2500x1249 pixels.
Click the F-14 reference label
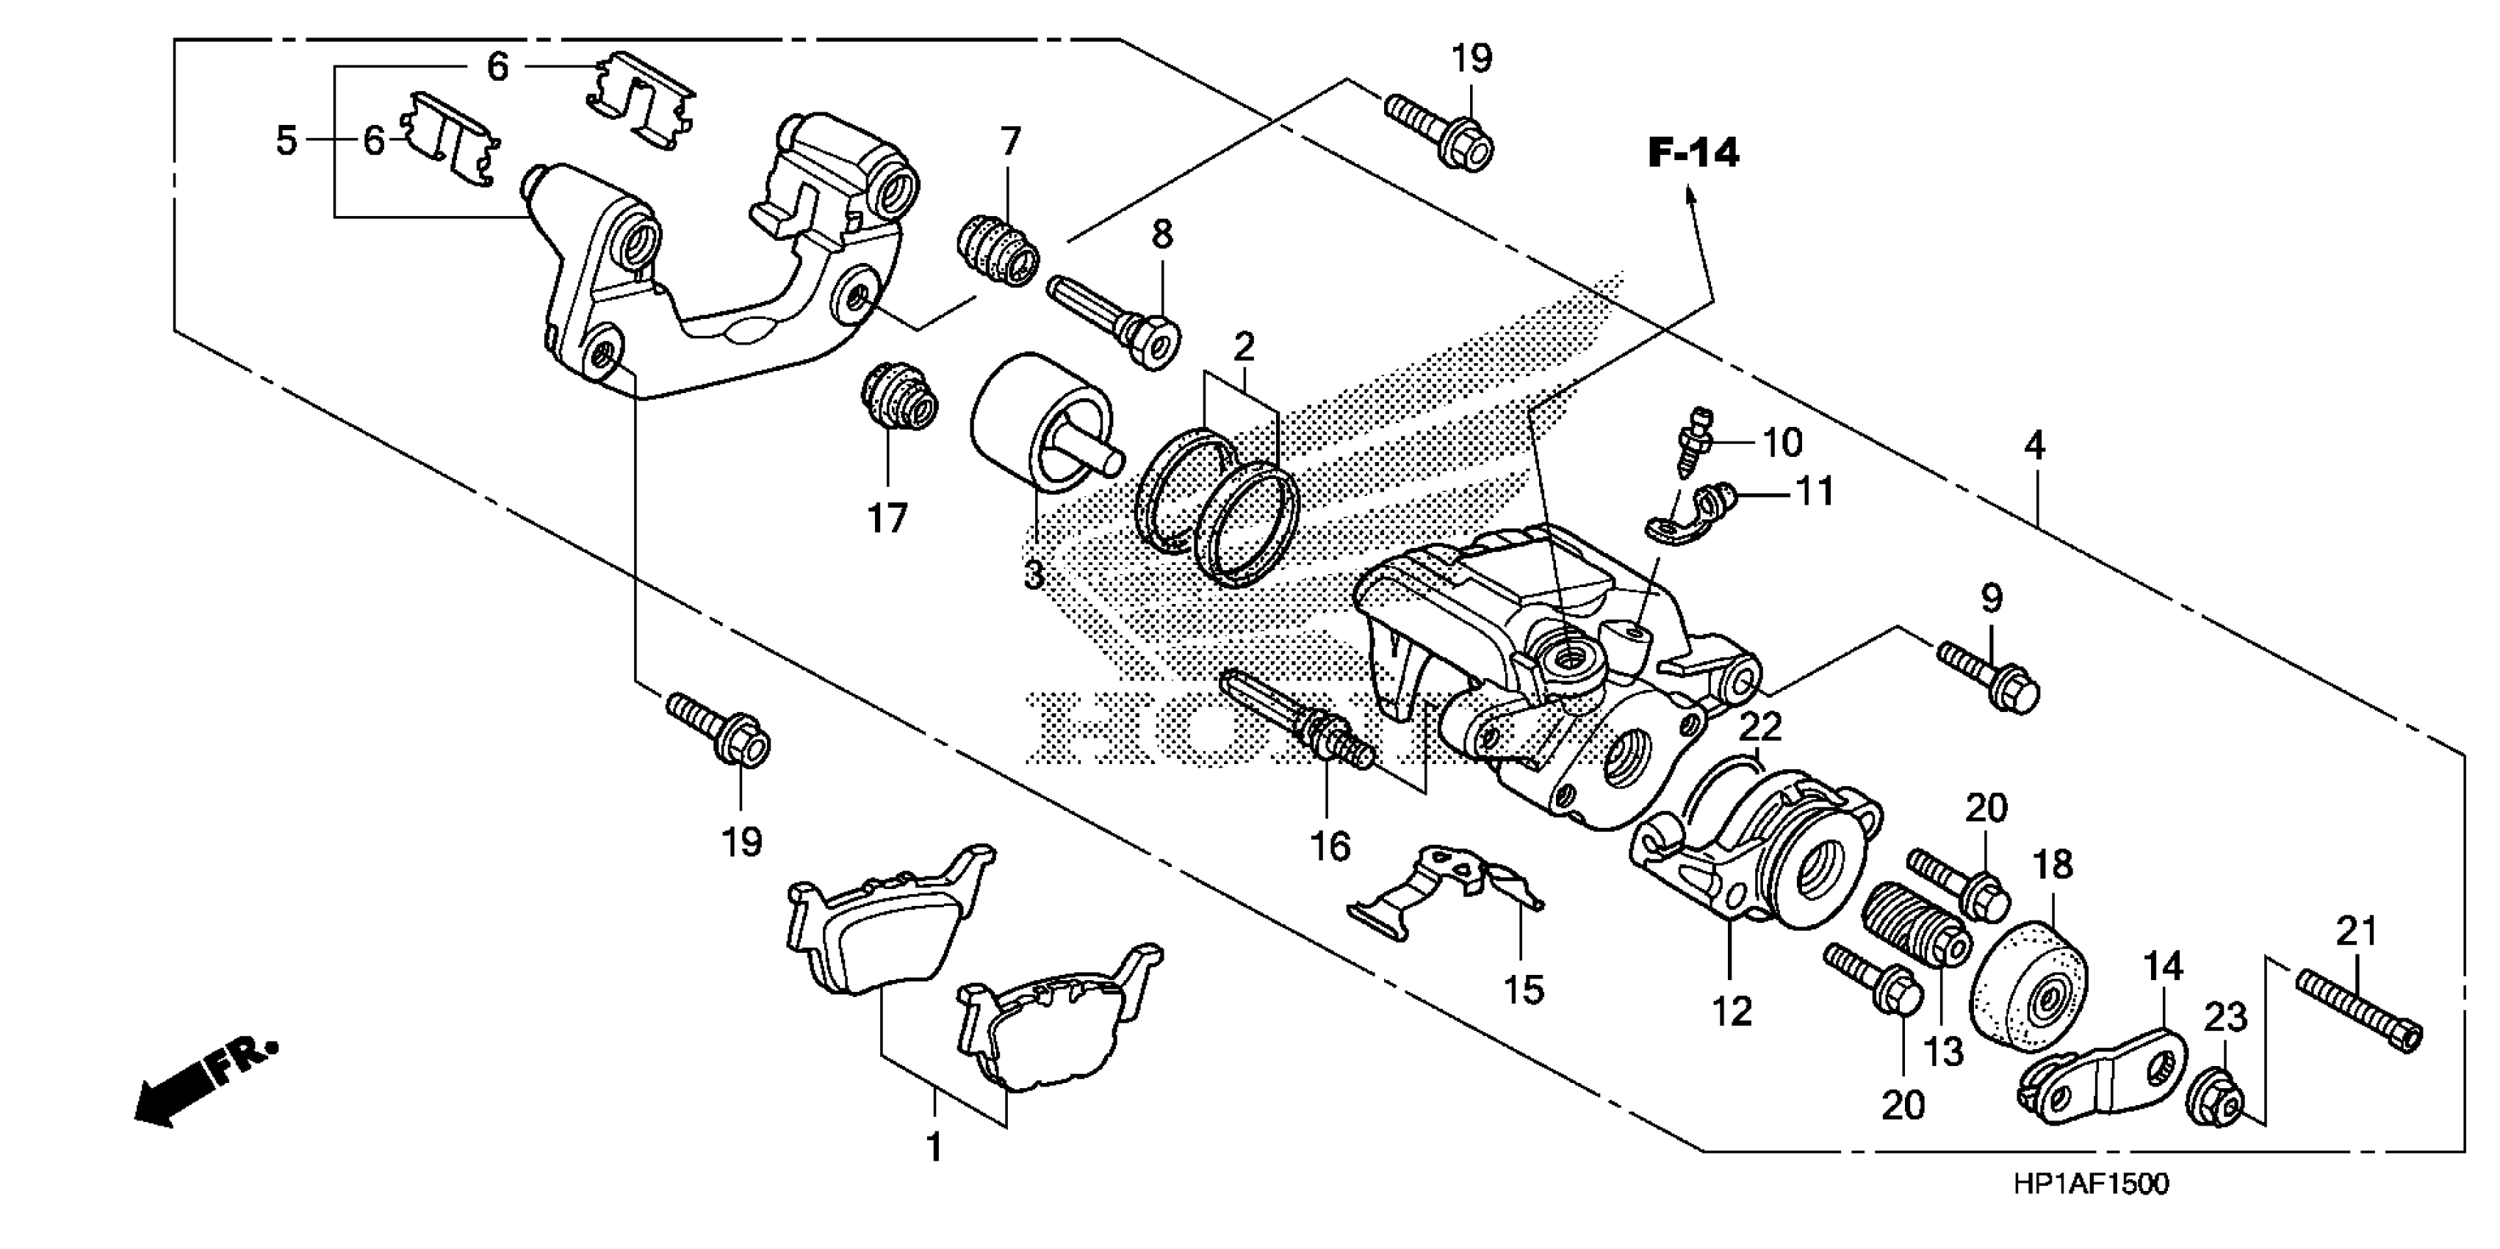pos(1693,154)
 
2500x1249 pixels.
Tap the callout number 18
pos(2053,865)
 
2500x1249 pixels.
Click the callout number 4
pos(2034,447)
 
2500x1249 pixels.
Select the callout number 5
pos(285,141)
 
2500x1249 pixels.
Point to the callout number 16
pos(1330,847)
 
